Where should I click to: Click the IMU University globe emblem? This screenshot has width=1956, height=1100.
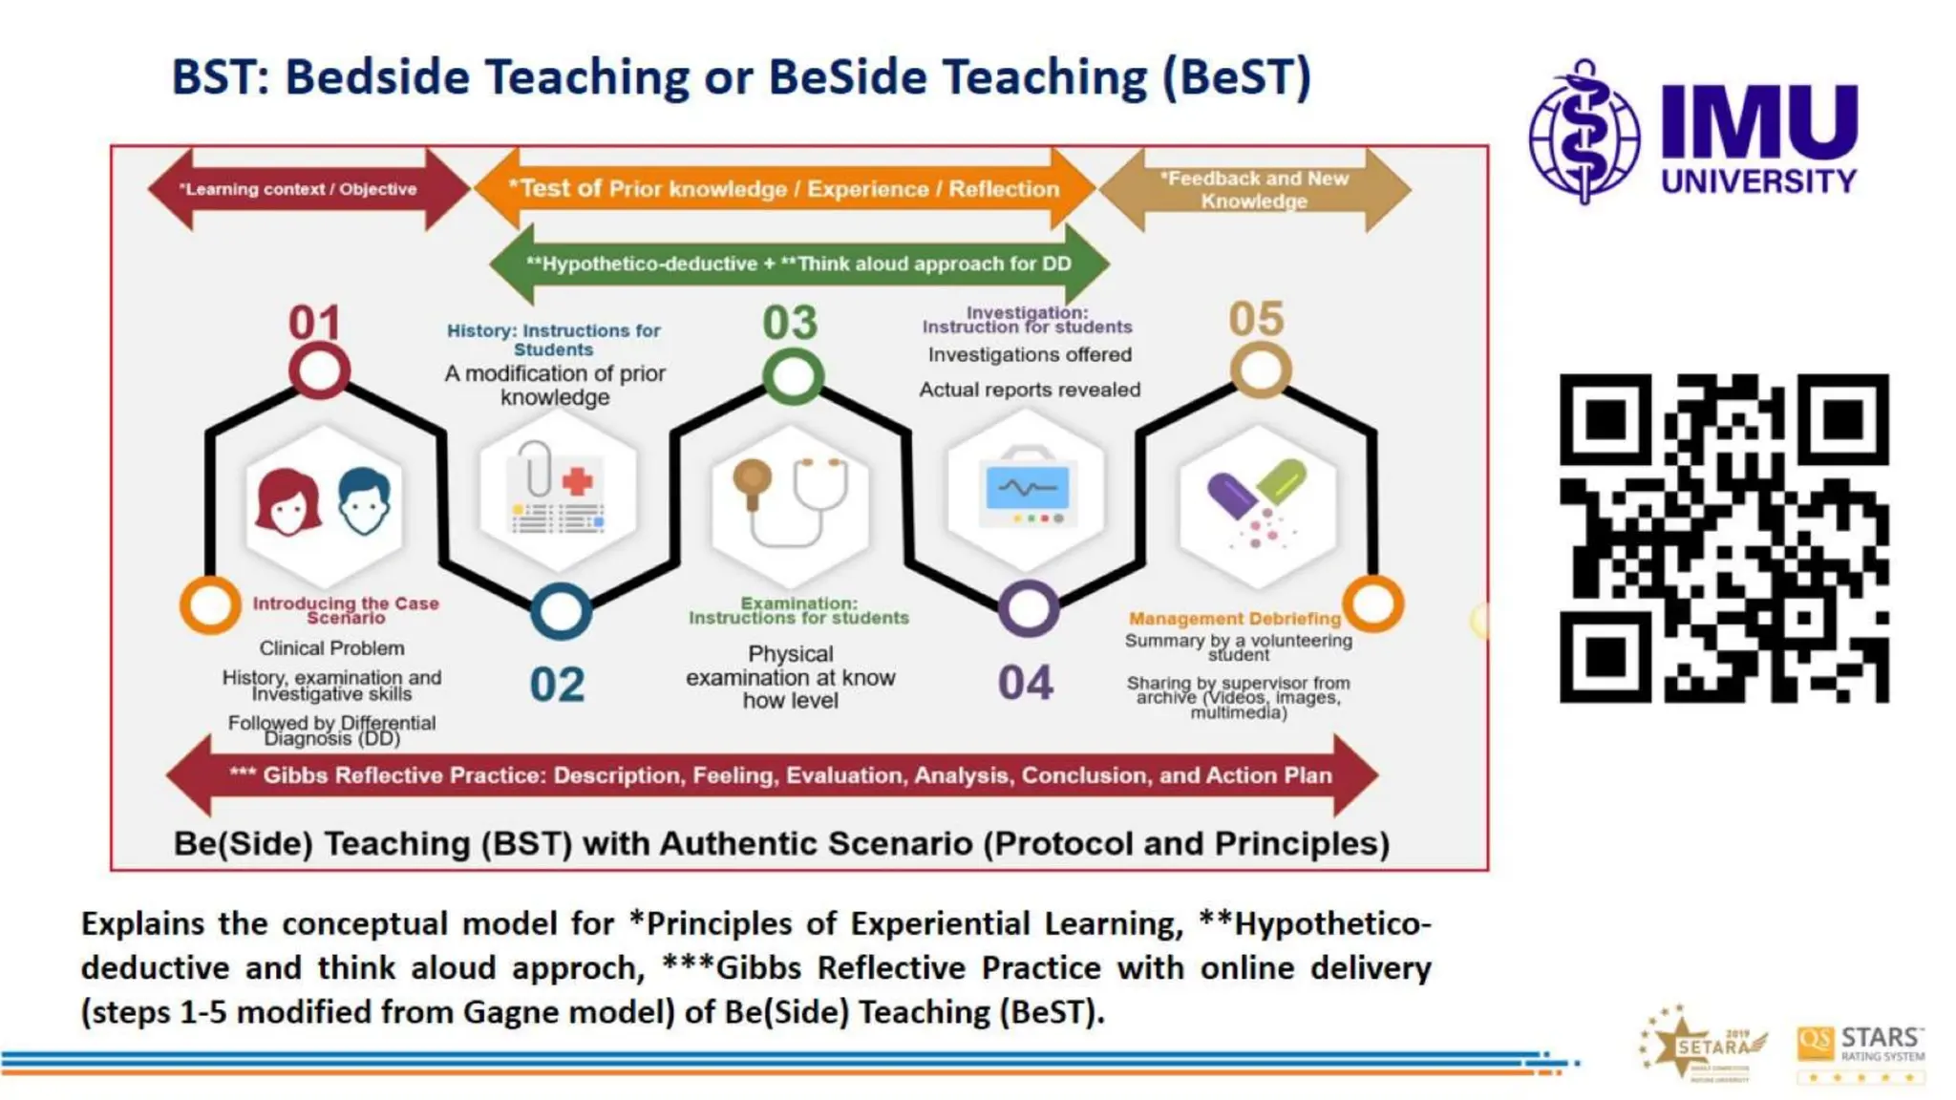point(1584,133)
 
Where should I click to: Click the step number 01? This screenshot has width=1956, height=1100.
point(314,323)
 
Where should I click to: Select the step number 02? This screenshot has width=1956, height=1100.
point(557,685)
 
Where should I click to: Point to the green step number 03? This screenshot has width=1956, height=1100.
point(790,323)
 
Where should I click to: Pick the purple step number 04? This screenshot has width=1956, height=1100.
point(1026,683)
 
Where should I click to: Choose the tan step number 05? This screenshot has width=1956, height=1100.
point(1256,319)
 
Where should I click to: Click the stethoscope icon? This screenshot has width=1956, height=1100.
point(791,502)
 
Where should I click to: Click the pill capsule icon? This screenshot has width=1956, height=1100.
point(1257,501)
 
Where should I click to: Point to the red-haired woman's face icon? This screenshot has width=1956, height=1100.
point(287,502)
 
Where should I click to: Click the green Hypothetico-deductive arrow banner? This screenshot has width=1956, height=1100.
point(798,264)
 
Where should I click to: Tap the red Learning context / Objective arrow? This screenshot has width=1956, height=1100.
point(298,189)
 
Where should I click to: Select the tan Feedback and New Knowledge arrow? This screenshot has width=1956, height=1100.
point(1254,189)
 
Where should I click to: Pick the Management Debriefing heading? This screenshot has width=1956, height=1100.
point(1235,619)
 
